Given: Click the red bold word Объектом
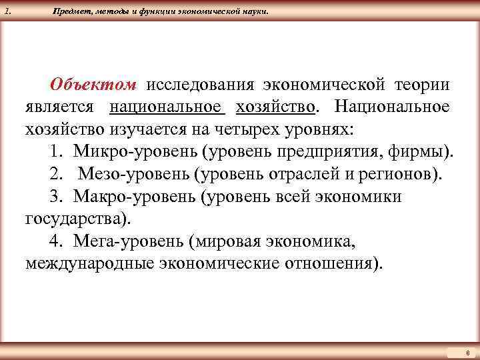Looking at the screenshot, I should [x=93, y=86].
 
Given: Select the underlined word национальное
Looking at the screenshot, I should [x=166, y=107].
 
